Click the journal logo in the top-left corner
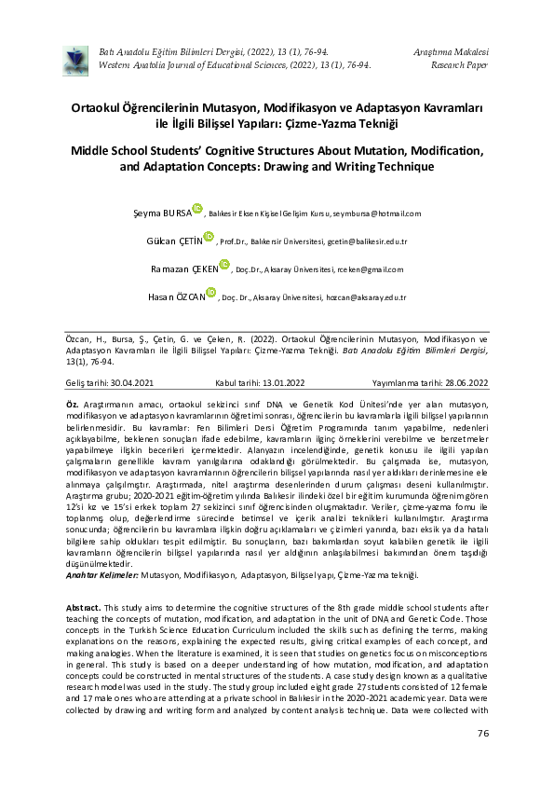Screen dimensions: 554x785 coord(72,59)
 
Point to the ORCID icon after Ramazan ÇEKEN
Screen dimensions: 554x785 coord(223,267)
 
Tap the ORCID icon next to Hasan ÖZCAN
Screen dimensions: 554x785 coord(212,295)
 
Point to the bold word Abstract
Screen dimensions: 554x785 coord(82,607)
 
